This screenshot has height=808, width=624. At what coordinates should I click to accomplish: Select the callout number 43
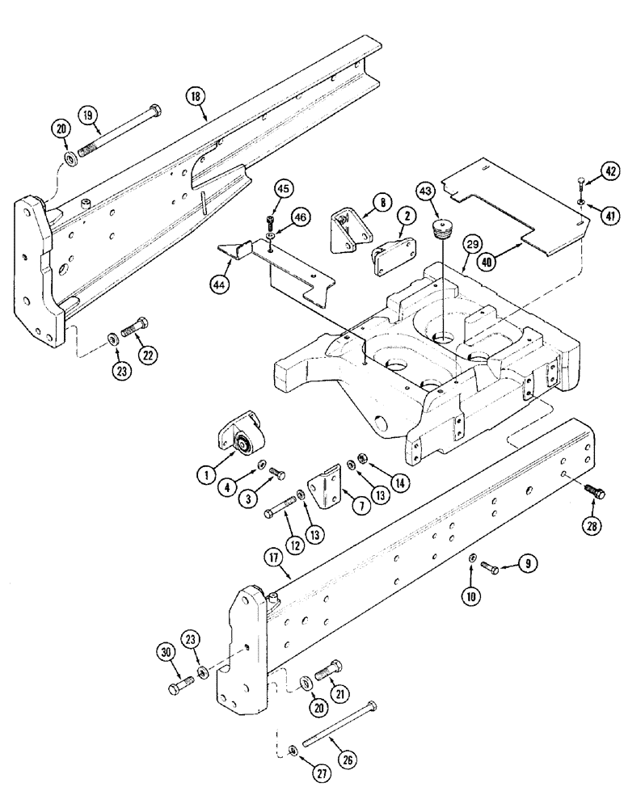click(424, 191)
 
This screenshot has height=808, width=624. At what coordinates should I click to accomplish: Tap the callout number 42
click(611, 170)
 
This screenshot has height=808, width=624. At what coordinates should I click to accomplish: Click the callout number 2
click(405, 216)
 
